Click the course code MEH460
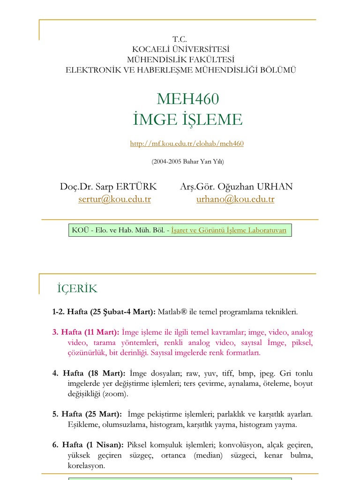tap(188, 99)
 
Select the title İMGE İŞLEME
tap(187, 120)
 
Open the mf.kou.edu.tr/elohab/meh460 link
tap(187, 144)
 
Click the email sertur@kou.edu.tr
tap(115, 199)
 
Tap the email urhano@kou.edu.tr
tap(235, 199)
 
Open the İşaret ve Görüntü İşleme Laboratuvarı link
tap(229, 230)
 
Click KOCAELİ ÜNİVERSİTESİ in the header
tap(180, 49)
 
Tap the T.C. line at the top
tap(180, 39)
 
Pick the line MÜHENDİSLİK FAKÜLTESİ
tap(180, 60)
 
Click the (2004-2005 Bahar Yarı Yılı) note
tap(187, 162)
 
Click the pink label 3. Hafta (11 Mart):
tap(86, 332)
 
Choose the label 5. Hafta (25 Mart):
tap(87, 414)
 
